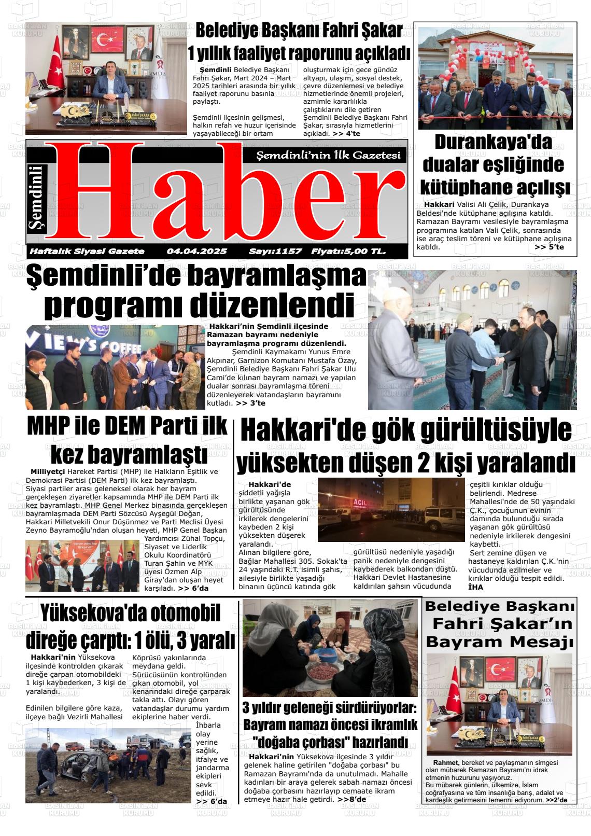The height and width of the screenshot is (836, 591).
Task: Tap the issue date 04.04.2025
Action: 197,252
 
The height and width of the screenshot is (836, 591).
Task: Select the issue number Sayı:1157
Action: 275,252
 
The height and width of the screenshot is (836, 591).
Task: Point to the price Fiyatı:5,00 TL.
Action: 348,252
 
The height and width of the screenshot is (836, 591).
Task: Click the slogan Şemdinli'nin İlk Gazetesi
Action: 329,156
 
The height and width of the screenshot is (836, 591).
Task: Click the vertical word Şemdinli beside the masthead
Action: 38,197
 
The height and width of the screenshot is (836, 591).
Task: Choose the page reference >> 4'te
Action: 346,134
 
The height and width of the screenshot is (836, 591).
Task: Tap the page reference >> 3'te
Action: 250,403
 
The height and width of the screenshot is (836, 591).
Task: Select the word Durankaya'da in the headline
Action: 493,142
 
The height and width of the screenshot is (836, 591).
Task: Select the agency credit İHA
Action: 475,587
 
